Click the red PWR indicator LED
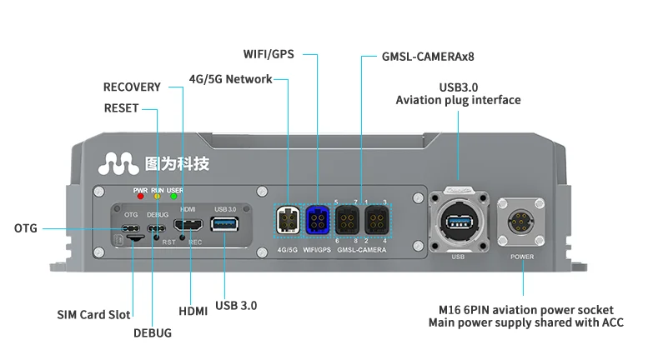click(x=139, y=197)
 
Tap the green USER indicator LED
click(x=174, y=197)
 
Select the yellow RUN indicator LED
click(x=157, y=197)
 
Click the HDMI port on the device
click(x=188, y=225)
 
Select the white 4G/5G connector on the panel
click(x=288, y=222)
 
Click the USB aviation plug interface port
click(x=457, y=222)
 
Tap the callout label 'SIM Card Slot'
click(x=93, y=315)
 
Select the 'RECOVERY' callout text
click(x=132, y=87)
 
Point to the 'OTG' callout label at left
click(x=26, y=228)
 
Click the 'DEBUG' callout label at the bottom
click(x=153, y=332)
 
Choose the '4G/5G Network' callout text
click(x=230, y=79)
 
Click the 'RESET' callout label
click(x=122, y=108)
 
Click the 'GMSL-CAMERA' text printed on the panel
click(x=361, y=249)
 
